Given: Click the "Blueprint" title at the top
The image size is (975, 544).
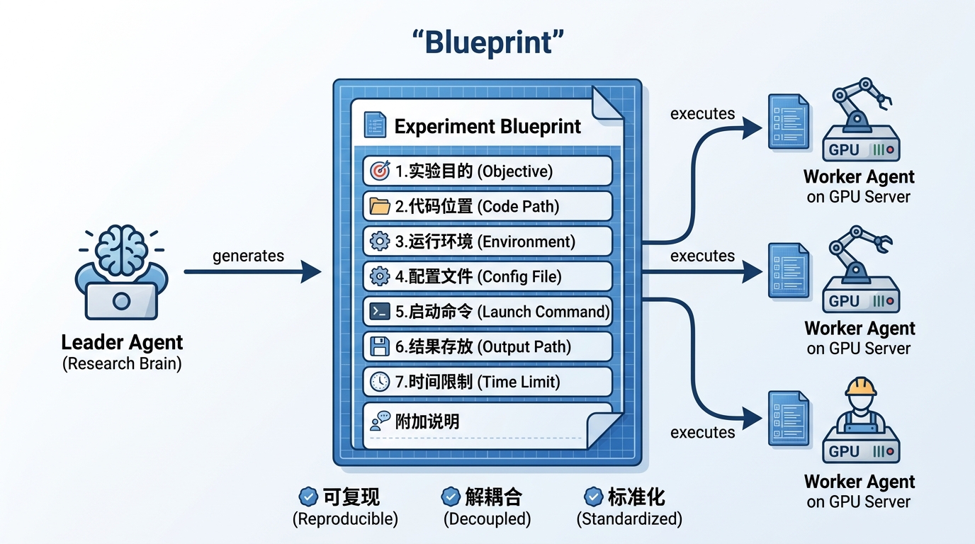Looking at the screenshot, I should coord(487,42).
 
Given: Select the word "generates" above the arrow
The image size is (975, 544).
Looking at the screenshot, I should coord(248,256).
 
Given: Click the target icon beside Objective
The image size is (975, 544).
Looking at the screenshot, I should coord(381,171).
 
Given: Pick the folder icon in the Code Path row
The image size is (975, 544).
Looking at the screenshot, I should coord(381,206).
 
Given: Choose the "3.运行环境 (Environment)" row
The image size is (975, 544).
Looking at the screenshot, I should coord(487,242).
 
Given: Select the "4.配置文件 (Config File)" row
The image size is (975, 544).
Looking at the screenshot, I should coord(487,276).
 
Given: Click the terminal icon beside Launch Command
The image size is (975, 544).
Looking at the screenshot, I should coord(381,312).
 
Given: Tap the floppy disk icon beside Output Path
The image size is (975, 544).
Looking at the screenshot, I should coord(381,346).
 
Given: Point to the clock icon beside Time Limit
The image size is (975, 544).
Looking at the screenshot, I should coord(381,382).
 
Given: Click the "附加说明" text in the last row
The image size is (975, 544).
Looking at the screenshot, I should coord(427,421).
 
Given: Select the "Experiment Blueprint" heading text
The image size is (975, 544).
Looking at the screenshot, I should coord(487,127).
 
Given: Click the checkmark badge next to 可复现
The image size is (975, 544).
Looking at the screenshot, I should coord(308,496).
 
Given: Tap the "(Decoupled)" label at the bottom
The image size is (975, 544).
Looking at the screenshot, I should coord(487,518).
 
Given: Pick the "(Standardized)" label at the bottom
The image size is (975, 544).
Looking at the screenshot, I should coord(629,518).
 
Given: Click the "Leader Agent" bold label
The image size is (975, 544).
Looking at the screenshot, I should coord(122,343).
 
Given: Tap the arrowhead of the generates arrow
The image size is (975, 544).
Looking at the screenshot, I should coord(311,271).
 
